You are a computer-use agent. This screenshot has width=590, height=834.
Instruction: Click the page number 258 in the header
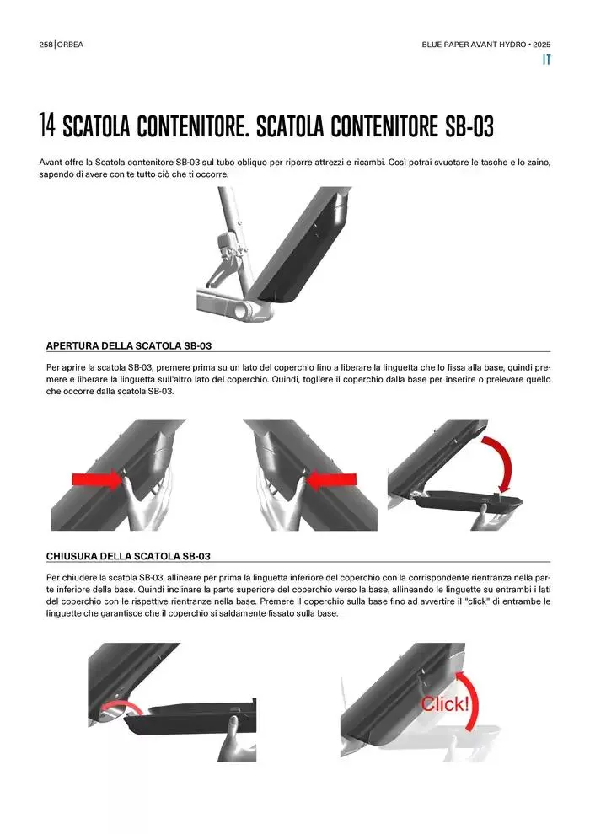click(x=46, y=45)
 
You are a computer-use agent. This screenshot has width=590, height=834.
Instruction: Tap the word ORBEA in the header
click(x=70, y=45)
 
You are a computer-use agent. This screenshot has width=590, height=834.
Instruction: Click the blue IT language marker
click(x=546, y=60)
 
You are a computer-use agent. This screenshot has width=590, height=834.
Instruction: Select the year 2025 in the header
click(x=542, y=45)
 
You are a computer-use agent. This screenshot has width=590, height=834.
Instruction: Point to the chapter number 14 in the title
click(x=47, y=126)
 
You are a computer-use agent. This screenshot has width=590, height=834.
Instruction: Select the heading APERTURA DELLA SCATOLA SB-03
click(x=129, y=345)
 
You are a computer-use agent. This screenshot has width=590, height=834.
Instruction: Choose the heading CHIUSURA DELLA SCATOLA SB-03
click(x=128, y=556)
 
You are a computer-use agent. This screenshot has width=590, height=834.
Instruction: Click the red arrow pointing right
click(x=98, y=481)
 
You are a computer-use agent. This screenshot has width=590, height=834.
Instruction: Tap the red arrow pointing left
click(x=331, y=481)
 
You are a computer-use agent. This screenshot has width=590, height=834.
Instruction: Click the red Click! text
click(x=445, y=704)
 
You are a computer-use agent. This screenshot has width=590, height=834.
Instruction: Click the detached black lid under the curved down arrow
click(x=467, y=503)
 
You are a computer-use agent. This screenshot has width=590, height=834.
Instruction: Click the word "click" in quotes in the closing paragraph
click(x=473, y=601)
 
